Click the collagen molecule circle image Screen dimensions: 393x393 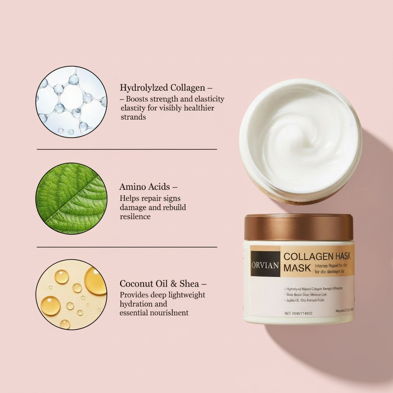71,102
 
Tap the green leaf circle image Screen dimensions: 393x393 71,198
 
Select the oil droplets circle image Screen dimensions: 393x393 71,294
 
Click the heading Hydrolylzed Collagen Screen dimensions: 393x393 162,88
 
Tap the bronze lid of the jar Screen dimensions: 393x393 299,227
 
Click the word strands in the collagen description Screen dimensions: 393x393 133,117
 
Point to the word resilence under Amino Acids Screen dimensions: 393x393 135,216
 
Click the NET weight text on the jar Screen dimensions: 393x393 299,313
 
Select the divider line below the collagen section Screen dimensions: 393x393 127,149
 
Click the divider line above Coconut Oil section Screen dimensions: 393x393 127,247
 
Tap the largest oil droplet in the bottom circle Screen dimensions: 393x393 95,281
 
